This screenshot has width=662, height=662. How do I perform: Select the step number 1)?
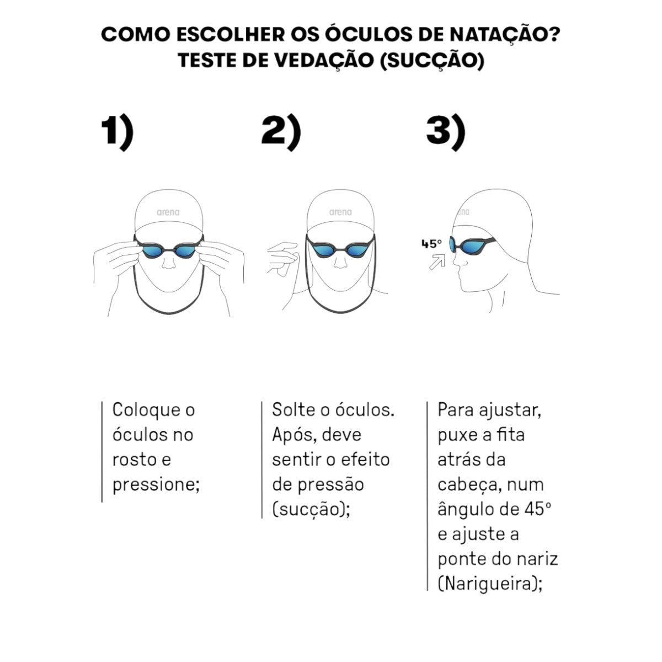pyautogui.click(x=118, y=132)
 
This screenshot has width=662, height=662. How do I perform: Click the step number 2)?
pyautogui.click(x=281, y=132)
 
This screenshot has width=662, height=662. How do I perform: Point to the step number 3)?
pyautogui.click(x=446, y=132)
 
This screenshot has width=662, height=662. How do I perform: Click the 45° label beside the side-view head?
pyautogui.click(x=431, y=244)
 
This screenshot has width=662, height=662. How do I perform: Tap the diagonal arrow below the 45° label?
pyautogui.click(x=437, y=262)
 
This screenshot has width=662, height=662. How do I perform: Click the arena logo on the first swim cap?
pyautogui.click(x=168, y=212)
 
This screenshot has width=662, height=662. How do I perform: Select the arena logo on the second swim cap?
pyautogui.click(x=340, y=212)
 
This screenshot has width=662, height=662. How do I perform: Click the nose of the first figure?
pyautogui.click(x=169, y=263)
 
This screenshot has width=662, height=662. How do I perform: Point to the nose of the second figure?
pyautogui.click(x=340, y=263)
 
